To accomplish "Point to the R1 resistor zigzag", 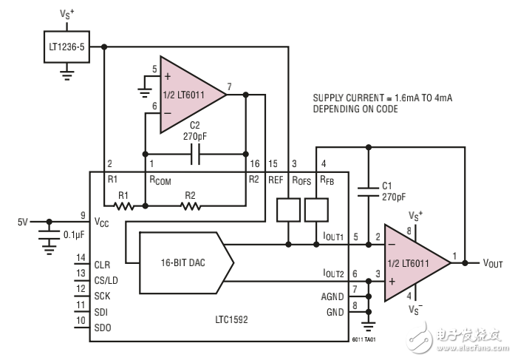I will click(x=124, y=206).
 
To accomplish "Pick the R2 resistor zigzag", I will click(x=190, y=206).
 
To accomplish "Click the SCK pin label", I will click(x=103, y=294).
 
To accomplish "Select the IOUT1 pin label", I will click(x=333, y=237).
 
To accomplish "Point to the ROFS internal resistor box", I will click(x=287, y=209).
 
